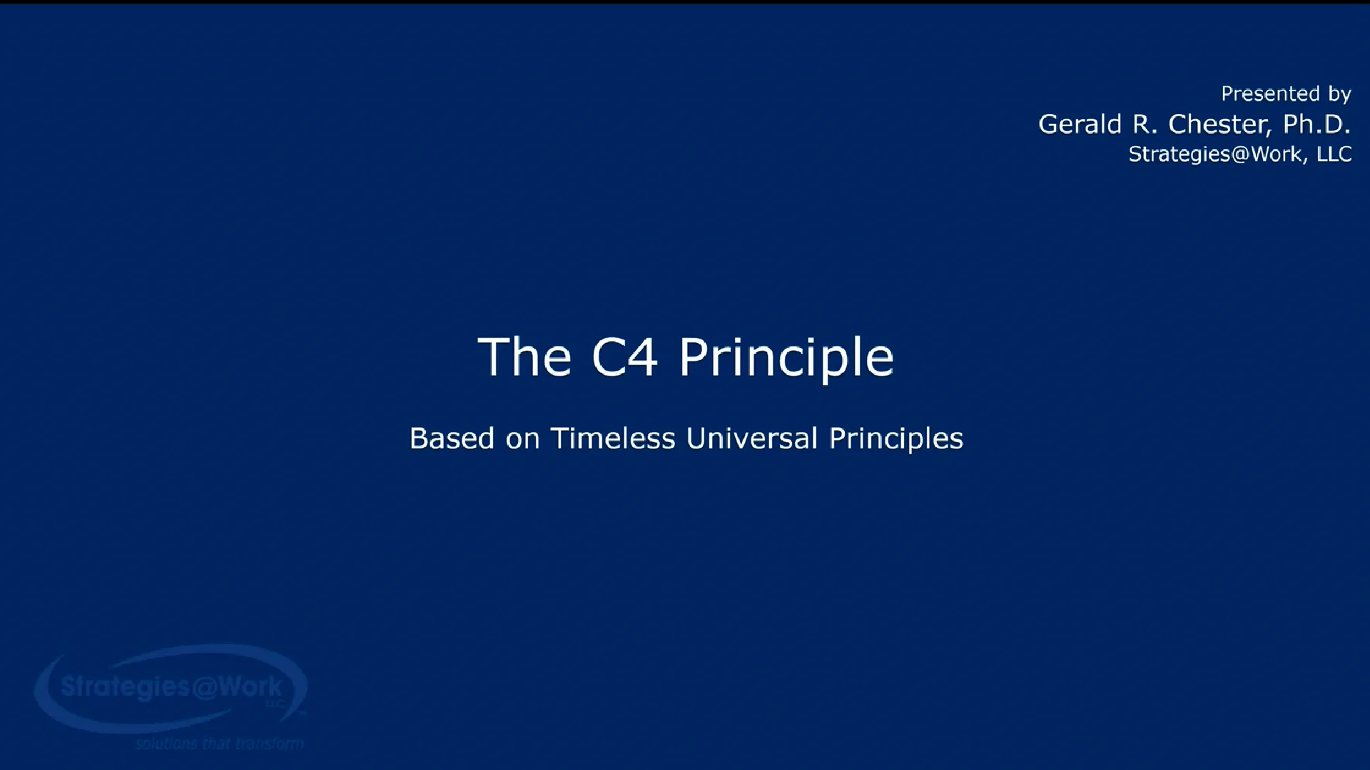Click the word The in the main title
[x=524, y=357]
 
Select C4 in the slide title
[x=624, y=357]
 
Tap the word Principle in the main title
[x=786, y=359]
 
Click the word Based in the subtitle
[x=452, y=438]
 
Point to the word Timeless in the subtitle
[x=612, y=438]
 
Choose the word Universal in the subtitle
[x=751, y=438]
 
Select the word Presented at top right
[x=1270, y=94]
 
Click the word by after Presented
[x=1339, y=95]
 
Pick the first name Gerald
[x=1080, y=124]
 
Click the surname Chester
[x=1219, y=124]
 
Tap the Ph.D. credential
[x=1316, y=124]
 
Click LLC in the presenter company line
[x=1334, y=154]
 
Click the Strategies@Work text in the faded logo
[x=171, y=687]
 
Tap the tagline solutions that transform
[x=219, y=744]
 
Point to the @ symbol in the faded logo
[x=204, y=687]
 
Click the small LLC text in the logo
[x=275, y=704]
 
